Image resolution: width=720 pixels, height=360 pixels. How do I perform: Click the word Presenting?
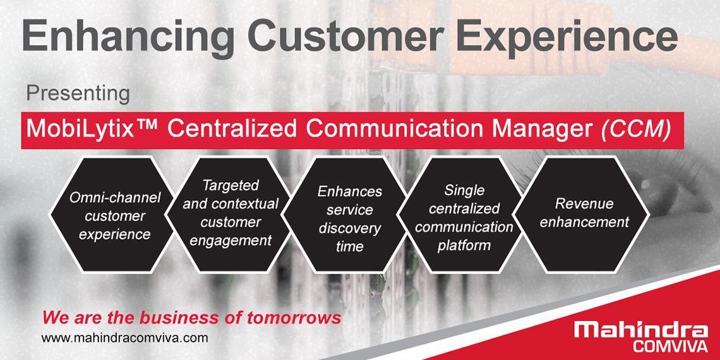click(78, 94)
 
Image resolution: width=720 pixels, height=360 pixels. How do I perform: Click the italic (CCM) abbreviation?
click(635, 130)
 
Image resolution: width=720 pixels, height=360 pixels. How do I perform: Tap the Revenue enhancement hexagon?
click(581, 215)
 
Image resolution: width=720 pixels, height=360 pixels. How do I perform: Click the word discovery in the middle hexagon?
click(350, 228)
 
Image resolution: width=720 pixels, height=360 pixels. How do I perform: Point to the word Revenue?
click(584, 203)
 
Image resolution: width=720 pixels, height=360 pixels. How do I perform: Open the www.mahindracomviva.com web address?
click(124, 339)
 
